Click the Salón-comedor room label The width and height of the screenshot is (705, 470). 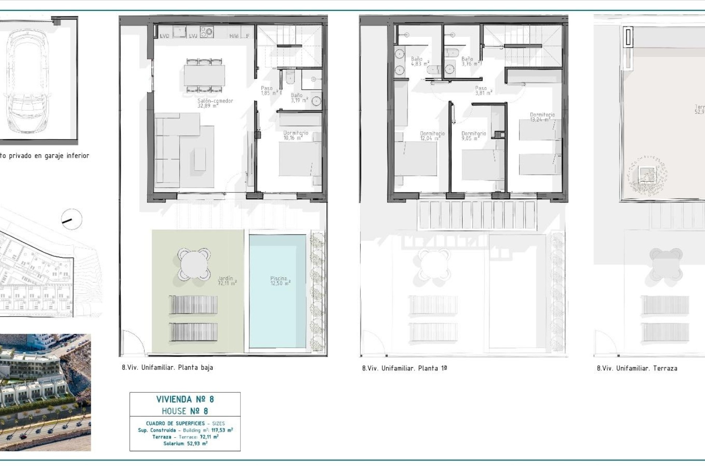215,103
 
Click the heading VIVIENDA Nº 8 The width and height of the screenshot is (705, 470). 185,399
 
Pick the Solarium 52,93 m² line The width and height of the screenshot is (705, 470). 185,444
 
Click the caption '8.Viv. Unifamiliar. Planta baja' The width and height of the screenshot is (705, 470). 167,368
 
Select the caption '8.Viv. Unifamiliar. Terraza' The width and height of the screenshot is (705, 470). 637,368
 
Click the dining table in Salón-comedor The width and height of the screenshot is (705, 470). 205,76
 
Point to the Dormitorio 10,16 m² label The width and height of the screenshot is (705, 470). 295,135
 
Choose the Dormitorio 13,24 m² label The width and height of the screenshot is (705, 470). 542,117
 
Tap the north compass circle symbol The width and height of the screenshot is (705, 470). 72,220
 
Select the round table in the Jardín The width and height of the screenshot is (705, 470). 194,264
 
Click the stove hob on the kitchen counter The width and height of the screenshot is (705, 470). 207,32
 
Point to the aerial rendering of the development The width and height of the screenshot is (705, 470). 45,392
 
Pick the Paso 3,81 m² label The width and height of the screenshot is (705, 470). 483,91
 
